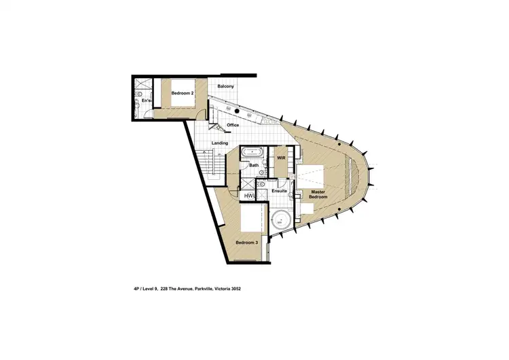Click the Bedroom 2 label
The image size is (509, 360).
point(183,93)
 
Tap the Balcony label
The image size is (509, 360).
point(225,86)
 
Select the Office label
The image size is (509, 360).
point(233,125)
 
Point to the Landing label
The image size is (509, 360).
point(219,143)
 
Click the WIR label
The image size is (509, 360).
point(280,158)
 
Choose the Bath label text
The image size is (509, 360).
point(254,165)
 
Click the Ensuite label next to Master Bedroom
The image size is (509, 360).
point(280,191)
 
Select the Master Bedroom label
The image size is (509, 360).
point(318,195)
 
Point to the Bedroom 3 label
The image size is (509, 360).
point(246,242)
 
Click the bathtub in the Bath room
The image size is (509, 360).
point(254,152)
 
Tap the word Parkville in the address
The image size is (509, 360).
point(204,288)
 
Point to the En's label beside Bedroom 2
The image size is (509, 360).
point(145,101)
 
